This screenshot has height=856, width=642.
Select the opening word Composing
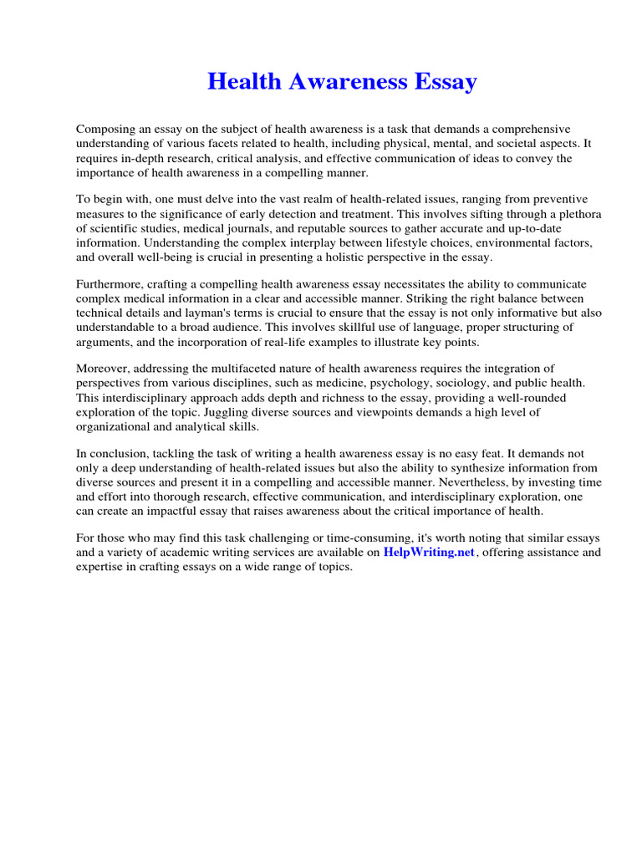tap(104, 130)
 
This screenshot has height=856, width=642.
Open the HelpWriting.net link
tap(429, 553)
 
